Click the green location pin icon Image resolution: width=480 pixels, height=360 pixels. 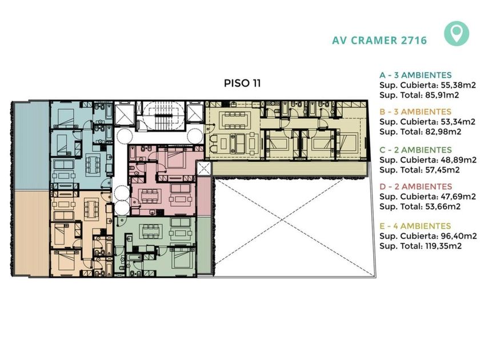[x=457, y=33]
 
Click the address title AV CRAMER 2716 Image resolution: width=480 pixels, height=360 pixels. [x=379, y=41]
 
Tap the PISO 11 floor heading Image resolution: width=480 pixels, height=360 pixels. [x=242, y=83]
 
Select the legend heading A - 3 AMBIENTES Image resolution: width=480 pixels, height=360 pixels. [x=415, y=75]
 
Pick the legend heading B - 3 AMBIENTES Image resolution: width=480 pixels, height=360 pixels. [x=415, y=112]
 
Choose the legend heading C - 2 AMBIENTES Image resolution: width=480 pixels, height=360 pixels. [x=415, y=150]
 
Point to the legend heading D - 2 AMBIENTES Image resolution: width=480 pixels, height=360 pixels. [x=416, y=187]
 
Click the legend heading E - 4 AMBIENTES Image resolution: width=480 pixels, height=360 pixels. [x=415, y=226]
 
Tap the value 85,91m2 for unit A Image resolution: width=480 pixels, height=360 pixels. [x=442, y=95]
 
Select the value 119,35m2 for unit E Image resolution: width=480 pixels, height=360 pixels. [x=443, y=246]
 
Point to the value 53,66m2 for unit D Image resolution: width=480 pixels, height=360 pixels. [x=443, y=207]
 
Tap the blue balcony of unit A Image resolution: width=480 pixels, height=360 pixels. [x=32, y=146]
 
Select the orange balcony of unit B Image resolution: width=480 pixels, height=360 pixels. [x=32, y=233]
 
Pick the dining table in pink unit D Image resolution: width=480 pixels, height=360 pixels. [x=150, y=196]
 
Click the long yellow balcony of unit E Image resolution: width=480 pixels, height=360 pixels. [x=289, y=169]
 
